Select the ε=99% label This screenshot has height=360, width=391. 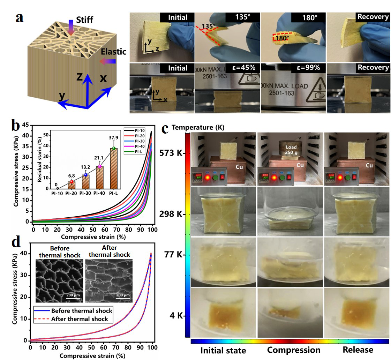click(x=307, y=68)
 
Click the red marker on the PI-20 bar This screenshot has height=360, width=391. click(x=72, y=181)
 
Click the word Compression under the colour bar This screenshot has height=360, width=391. click(x=293, y=350)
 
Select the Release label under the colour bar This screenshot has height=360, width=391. click(x=358, y=350)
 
